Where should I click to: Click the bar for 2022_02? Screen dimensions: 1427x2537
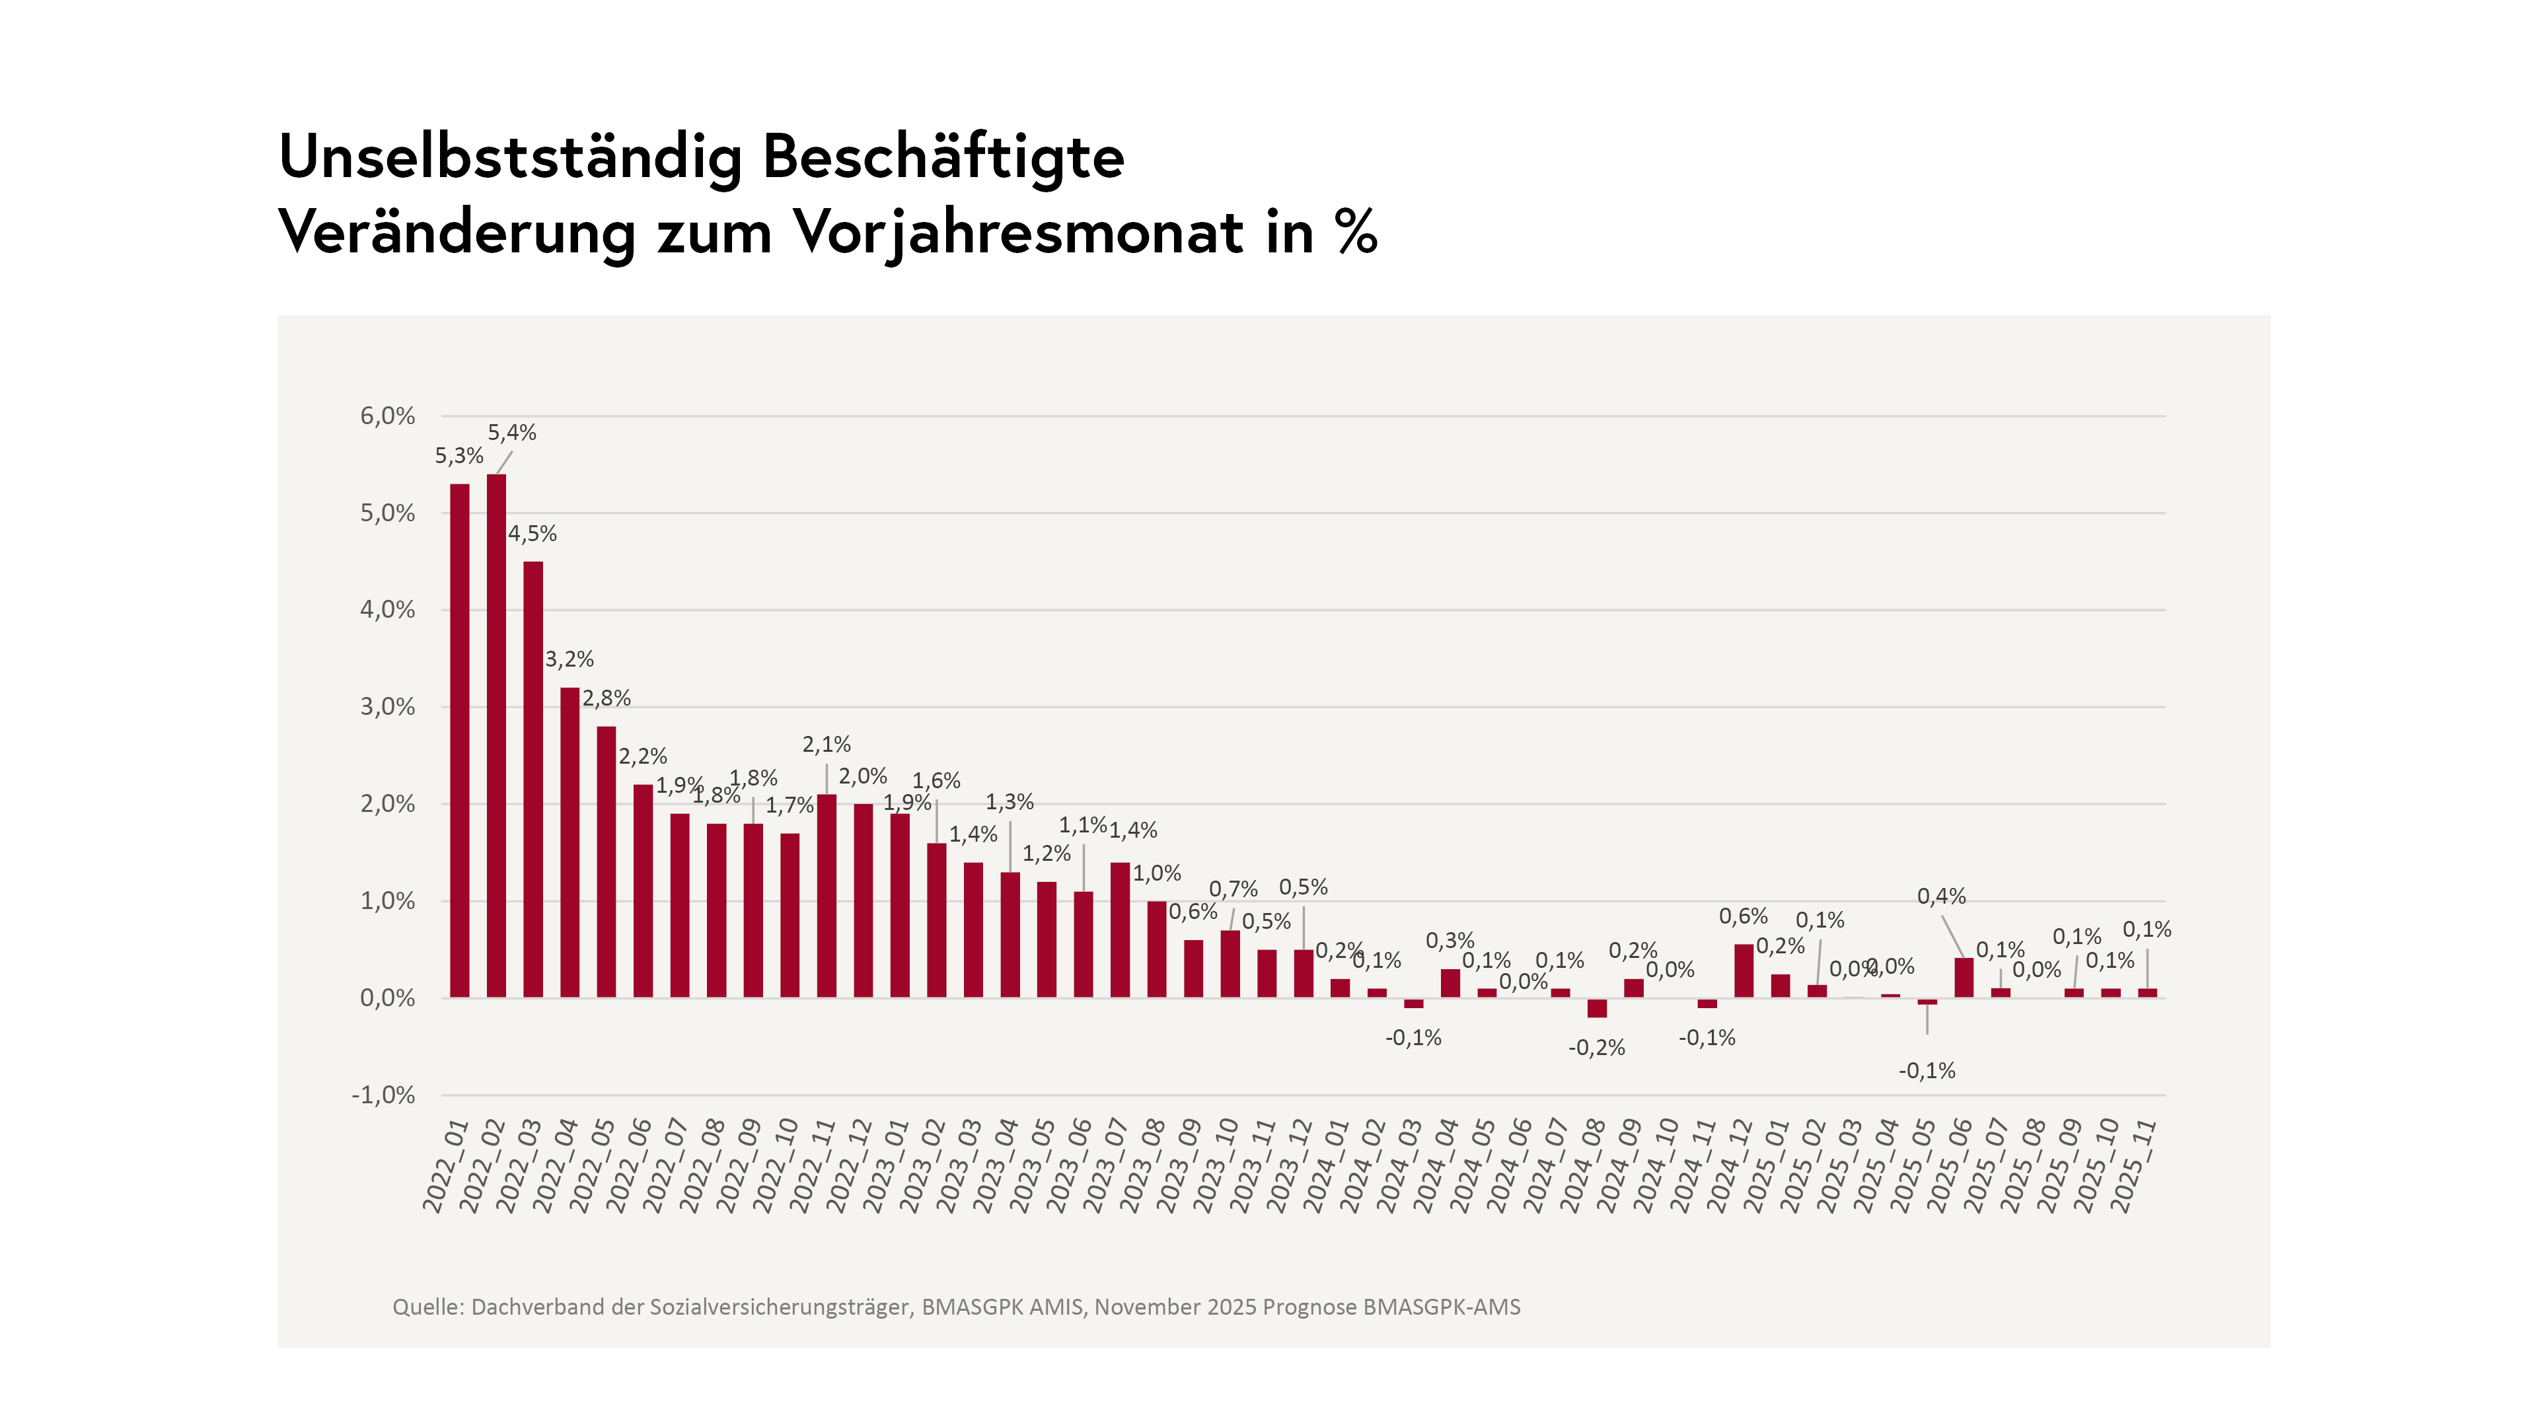(496, 736)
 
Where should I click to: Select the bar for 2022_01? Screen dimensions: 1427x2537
(459, 741)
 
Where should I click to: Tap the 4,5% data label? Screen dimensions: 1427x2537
(532, 534)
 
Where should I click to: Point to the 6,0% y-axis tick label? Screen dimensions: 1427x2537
(387, 416)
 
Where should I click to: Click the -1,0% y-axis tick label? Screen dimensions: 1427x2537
(383, 1095)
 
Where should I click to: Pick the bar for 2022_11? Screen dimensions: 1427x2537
(827, 896)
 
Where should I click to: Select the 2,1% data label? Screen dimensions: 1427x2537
(827, 745)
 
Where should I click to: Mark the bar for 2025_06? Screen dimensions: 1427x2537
(1964, 978)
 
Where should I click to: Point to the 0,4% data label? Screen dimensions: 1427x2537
(1941, 896)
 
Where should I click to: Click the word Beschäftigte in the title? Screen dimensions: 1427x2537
(943, 157)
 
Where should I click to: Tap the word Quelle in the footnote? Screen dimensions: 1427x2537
(425, 1307)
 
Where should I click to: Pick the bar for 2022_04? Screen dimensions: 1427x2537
(570, 843)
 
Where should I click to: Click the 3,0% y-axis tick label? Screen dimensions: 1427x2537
(387, 706)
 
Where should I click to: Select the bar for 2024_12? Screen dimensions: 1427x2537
(1744, 971)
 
